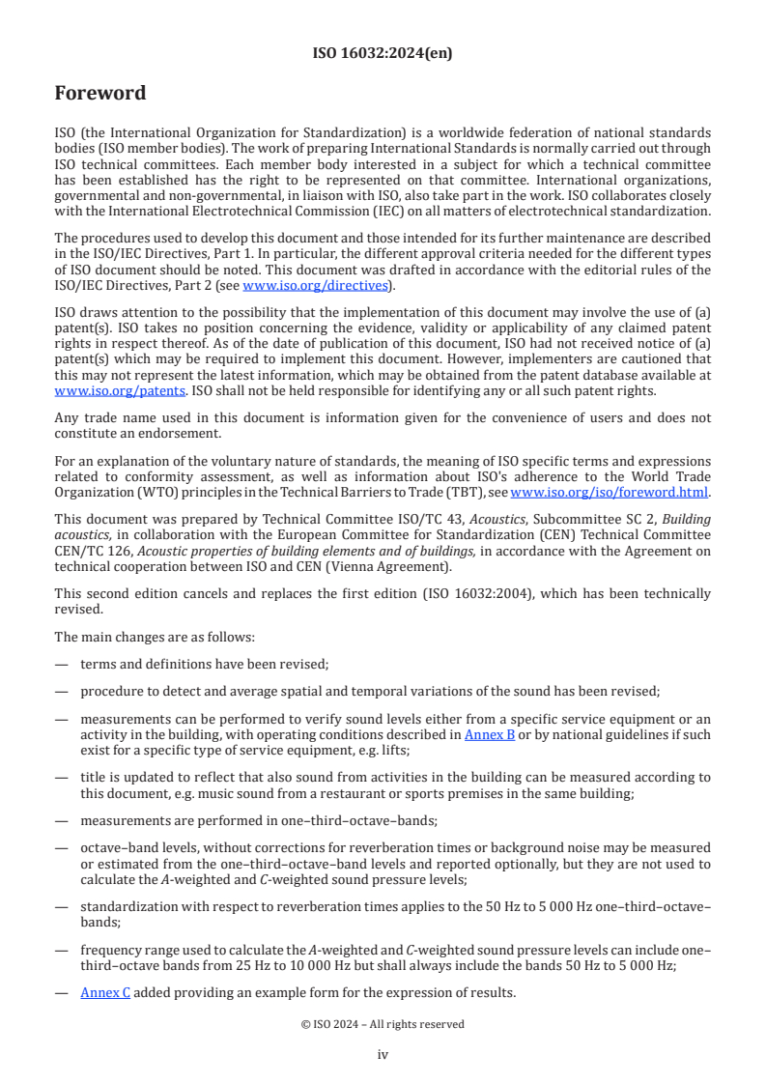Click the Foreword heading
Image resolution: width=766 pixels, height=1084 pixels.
100,94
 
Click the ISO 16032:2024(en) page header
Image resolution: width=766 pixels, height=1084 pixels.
383,53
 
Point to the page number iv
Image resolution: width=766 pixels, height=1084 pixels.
383,1055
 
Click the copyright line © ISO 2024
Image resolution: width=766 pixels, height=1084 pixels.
383,1024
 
